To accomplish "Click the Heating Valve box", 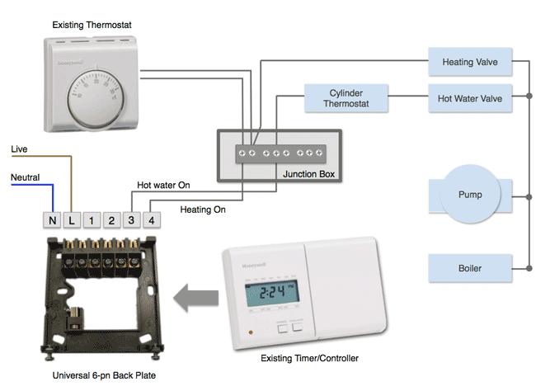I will click(470, 62).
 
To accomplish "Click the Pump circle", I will click(470, 195).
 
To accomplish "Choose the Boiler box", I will click(470, 268).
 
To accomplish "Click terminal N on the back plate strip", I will click(53, 220).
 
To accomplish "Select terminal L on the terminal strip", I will click(73, 220).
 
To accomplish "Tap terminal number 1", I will click(92, 220).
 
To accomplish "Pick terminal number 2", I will click(112, 220).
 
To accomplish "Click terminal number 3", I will click(132, 220).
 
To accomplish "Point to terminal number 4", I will click(151, 220).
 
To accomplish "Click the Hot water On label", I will click(163, 186).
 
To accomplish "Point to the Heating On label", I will click(202, 210).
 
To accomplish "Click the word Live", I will click(19, 148).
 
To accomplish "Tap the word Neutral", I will click(25, 177).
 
